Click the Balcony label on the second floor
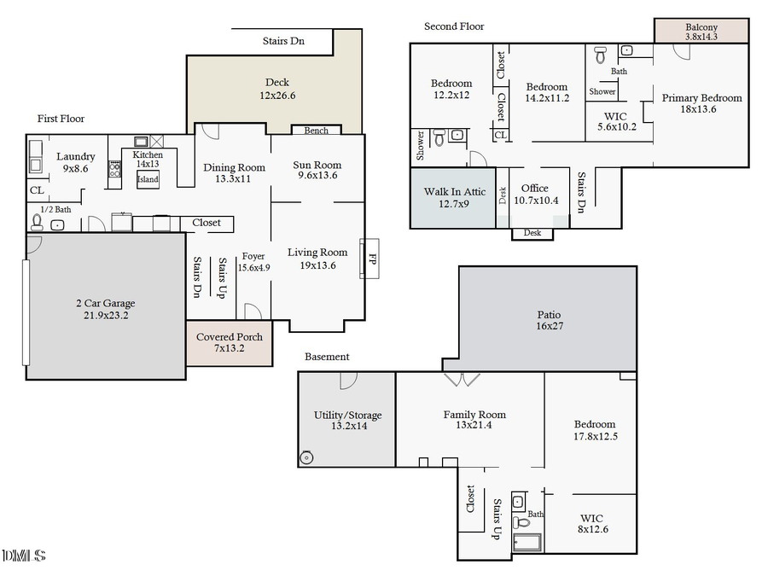[701, 27]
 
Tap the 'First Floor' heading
[61, 119]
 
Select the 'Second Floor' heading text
[454, 26]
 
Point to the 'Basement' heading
[327, 357]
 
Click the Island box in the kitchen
[148, 179]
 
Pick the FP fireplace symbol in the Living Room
[371, 258]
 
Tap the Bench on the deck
[316, 131]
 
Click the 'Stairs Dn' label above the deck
[283, 40]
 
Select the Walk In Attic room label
[455, 192]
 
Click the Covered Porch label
[230, 337]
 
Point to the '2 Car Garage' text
[105, 303]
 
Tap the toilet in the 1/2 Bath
[37, 223]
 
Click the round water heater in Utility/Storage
[306, 457]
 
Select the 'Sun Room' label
[317, 166]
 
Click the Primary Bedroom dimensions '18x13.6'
[701, 109]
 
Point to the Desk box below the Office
[532, 233]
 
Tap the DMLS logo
[23, 556]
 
